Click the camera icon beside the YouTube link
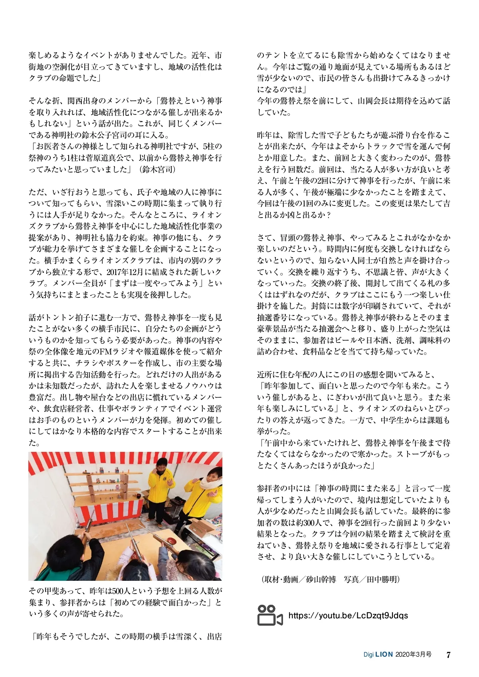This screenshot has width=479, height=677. tap(269, 615)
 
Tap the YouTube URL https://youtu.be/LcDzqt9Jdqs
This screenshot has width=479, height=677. tap(348, 615)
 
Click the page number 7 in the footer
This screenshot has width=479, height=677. tap(448, 655)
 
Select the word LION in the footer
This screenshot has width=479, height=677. tap(384, 655)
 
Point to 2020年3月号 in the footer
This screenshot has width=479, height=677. tap(414, 655)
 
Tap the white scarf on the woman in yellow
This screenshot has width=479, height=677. tap(208, 484)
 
